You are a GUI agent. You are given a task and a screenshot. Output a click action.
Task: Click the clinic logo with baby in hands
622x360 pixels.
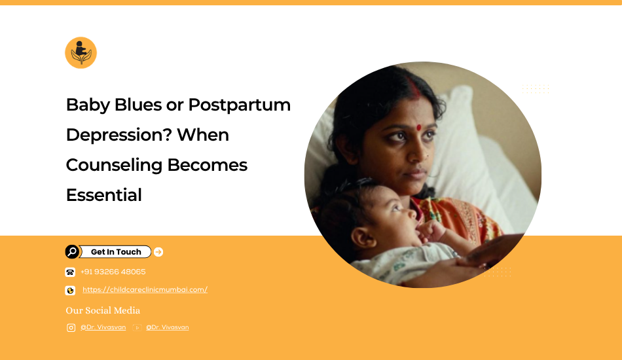(81, 53)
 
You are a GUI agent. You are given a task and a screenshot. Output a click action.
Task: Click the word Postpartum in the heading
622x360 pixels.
(239, 105)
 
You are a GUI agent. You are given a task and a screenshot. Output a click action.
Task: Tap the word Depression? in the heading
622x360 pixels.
(119, 135)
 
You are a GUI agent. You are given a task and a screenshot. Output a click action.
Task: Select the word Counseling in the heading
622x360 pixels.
(114, 166)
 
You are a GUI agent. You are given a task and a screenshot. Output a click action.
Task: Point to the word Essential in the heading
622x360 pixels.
(104, 195)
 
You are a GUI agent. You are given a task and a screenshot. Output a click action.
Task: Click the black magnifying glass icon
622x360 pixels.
(72, 252)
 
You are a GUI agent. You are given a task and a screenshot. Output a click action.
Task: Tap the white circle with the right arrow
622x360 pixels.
(158, 252)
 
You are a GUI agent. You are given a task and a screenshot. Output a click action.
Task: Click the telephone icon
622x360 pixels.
(70, 272)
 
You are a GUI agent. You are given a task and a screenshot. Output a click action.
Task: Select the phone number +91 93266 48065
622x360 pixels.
(113, 272)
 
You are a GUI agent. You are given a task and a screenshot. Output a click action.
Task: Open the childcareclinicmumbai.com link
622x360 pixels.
(145, 289)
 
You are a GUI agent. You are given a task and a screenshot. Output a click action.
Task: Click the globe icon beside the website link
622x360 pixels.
(70, 291)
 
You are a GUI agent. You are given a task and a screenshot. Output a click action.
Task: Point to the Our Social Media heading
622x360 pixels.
(103, 310)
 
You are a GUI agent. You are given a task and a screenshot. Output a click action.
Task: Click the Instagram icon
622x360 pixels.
(71, 327)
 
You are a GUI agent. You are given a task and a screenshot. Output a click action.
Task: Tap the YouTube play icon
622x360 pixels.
(137, 327)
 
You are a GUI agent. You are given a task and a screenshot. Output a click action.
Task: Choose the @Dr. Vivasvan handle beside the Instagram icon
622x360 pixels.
(103, 327)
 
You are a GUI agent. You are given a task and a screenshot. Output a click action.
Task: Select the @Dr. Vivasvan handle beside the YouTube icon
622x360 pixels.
(168, 327)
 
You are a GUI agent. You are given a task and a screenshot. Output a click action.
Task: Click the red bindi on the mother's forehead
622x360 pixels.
(418, 127)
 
